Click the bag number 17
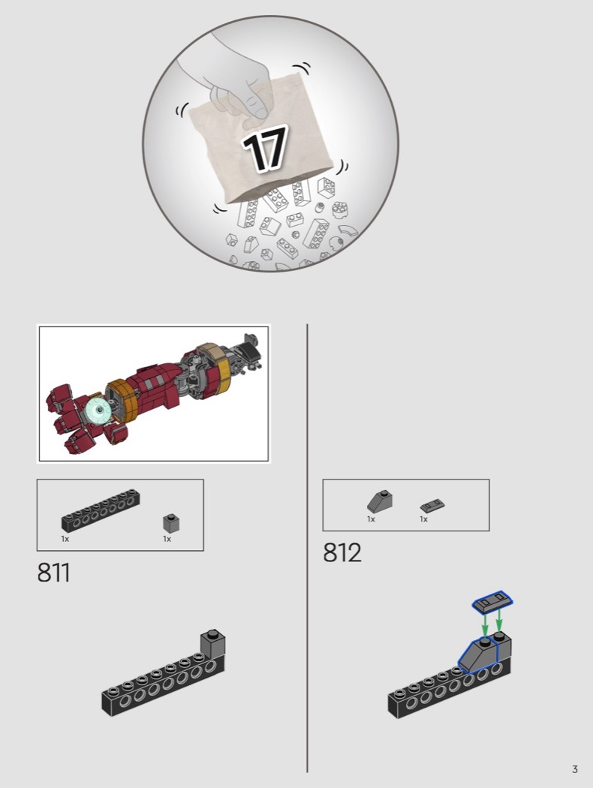[265, 148]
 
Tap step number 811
[53, 573]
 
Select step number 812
[342, 552]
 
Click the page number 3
[574, 769]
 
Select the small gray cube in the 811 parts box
[171, 523]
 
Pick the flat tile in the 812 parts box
[432, 506]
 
